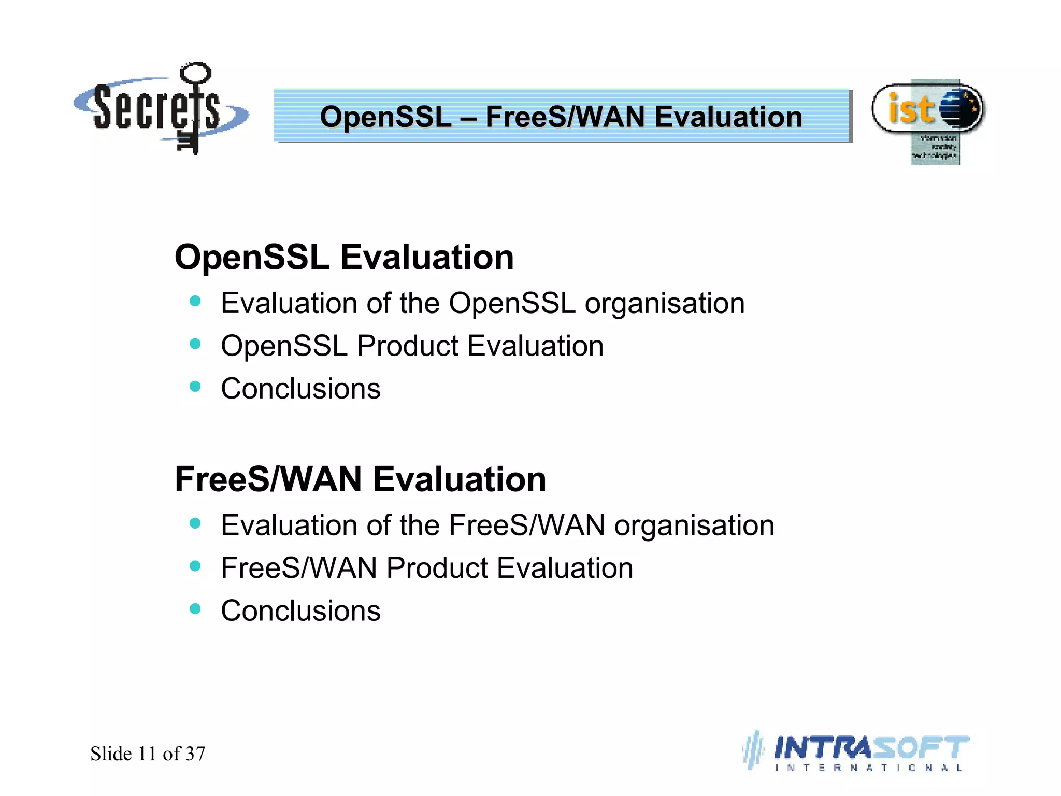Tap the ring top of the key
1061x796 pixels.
pyautogui.click(x=196, y=73)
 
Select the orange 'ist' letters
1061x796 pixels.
pyautogui.click(x=911, y=109)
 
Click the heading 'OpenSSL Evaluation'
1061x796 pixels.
pyautogui.click(x=344, y=257)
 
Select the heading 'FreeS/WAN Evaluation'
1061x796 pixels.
pyautogui.click(x=361, y=479)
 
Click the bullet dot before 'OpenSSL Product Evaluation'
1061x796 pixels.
pyautogui.click(x=195, y=344)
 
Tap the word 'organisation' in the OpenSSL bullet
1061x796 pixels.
pyautogui.click(x=664, y=304)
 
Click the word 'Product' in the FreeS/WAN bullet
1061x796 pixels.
pyautogui.click(x=437, y=568)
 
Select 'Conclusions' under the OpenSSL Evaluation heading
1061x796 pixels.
pyautogui.click(x=300, y=389)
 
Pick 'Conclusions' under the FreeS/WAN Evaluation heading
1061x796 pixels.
pyautogui.click(x=300, y=611)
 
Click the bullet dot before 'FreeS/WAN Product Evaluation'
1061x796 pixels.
pyautogui.click(x=195, y=566)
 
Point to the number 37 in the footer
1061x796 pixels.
pyautogui.click(x=195, y=754)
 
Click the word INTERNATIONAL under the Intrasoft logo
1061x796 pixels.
pyautogui.click(x=868, y=767)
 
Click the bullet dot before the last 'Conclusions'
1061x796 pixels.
pyautogui.click(x=195, y=609)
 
